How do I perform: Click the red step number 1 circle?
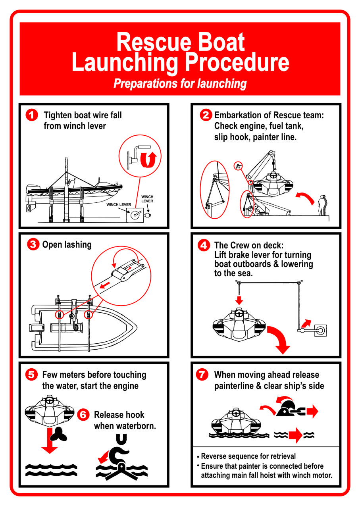point(32,115)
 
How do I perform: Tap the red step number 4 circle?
point(204,245)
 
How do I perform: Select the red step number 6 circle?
point(83,415)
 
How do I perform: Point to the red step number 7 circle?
point(202,374)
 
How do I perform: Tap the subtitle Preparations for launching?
point(180,84)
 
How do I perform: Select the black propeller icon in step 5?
point(58,434)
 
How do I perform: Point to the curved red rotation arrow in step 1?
point(148,160)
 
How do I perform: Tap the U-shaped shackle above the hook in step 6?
point(121,439)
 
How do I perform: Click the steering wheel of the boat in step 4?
point(239,314)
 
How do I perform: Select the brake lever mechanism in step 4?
point(312,331)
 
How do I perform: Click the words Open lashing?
point(67,244)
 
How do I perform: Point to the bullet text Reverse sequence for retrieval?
point(248,456)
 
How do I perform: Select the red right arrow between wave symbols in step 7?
point(296,435)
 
